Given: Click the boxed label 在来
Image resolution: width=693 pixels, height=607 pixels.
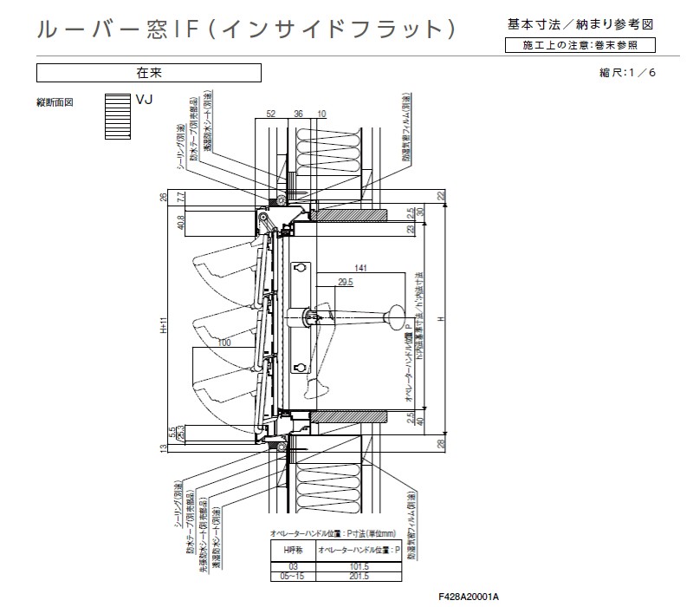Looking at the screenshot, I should coord(148,73).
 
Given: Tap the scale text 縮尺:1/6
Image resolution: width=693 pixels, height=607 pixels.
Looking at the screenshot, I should coord(621,72).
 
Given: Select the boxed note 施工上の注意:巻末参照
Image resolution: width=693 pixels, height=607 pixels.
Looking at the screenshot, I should coord(579,45).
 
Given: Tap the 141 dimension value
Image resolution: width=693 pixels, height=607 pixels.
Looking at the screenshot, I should coord(361,270).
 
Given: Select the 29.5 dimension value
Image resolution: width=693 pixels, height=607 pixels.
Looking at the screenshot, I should coord(346,282).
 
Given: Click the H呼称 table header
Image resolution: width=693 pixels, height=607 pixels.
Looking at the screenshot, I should coord(287,550).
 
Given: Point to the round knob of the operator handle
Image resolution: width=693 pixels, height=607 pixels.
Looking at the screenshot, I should coord(394,311).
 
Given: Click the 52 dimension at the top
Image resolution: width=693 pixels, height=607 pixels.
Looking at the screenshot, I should coord(270,114).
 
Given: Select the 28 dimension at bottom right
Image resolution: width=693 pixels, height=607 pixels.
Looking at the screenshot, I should coord(440,444).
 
